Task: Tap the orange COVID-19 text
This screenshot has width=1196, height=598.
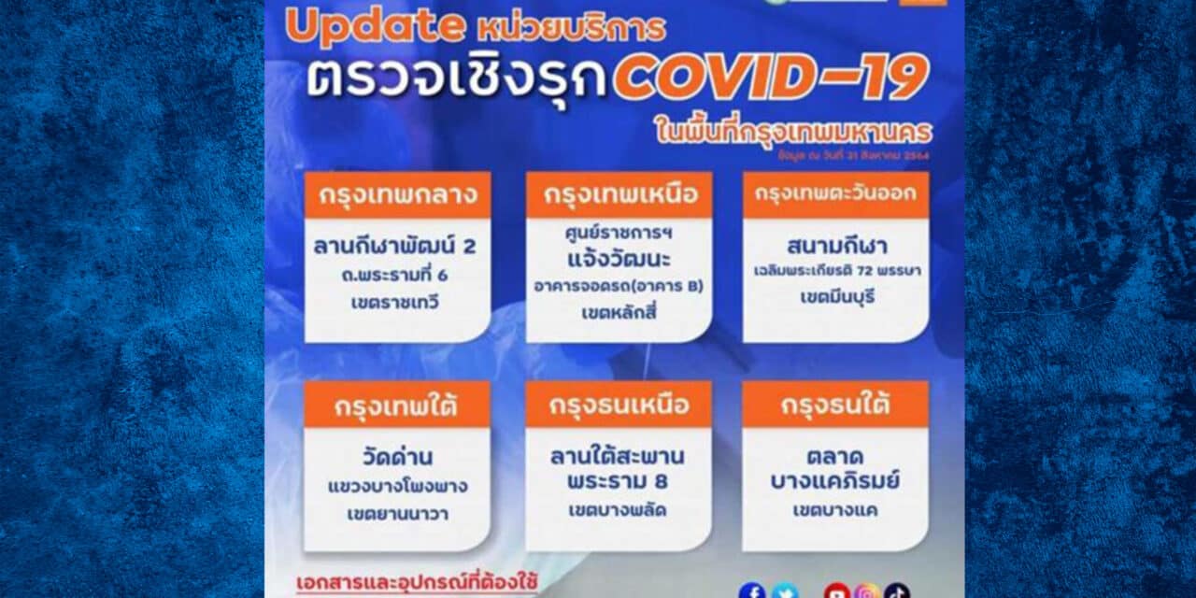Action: [x=770, y=78]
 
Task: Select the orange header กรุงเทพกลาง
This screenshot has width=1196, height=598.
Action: [x=397, y=195]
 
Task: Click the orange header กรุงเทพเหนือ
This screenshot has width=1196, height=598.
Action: [x=619, y=195]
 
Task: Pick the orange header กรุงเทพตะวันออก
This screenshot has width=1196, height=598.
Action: [x=835, y=195]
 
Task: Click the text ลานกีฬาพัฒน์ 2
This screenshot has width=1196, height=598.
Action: [x=397, y=246]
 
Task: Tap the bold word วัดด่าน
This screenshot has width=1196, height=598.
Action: [x=397, y=458]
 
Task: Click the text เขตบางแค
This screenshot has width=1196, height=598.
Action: [x=835, y=511]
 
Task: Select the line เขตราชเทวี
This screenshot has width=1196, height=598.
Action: [x=397, y=302]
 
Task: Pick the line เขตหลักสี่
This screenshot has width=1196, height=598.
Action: [x=618, y=311]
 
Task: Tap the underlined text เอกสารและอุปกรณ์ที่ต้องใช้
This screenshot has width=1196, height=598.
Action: [x=417, y=583]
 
